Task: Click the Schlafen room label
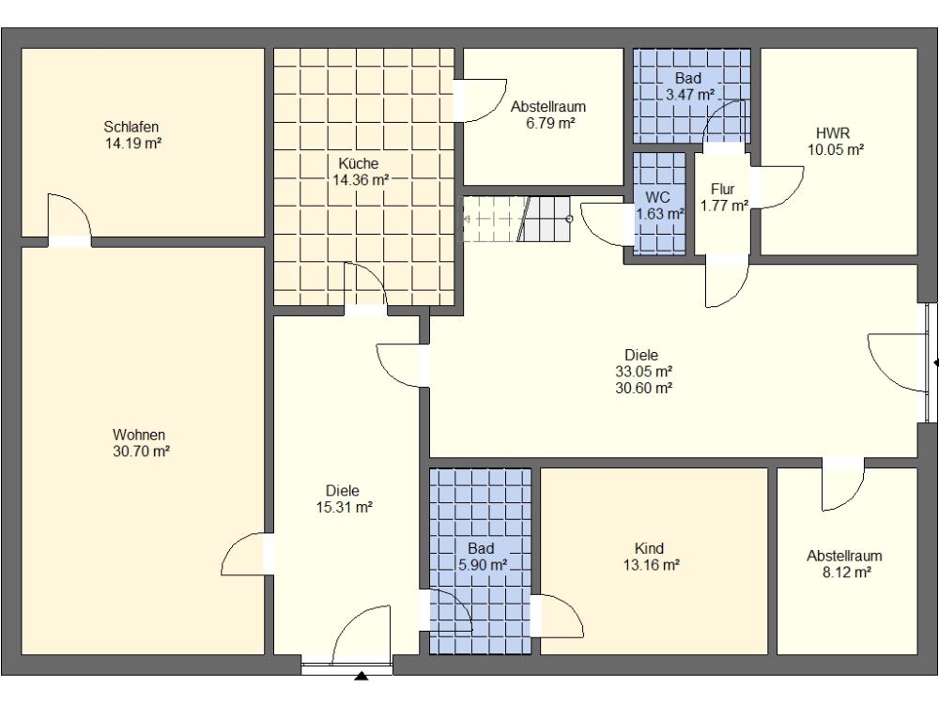tap(131, 127)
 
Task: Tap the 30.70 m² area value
tap(142, 451)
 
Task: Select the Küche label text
tap(358, 163)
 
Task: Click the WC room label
tap(657, 197)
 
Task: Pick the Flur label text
tap(722, 190)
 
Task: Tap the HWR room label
tap(832, 133)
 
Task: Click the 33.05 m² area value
tap(644, 371)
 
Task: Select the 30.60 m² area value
tap(644, 388)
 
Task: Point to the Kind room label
tap(649, 548)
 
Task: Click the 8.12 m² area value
tap(846, 573)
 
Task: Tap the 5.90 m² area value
tap(483, 564)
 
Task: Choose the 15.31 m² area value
tap(345, 508)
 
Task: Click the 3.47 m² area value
tap(690, 95)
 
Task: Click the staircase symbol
tap(517, 219)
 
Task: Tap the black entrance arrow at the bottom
tap(362, 677)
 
